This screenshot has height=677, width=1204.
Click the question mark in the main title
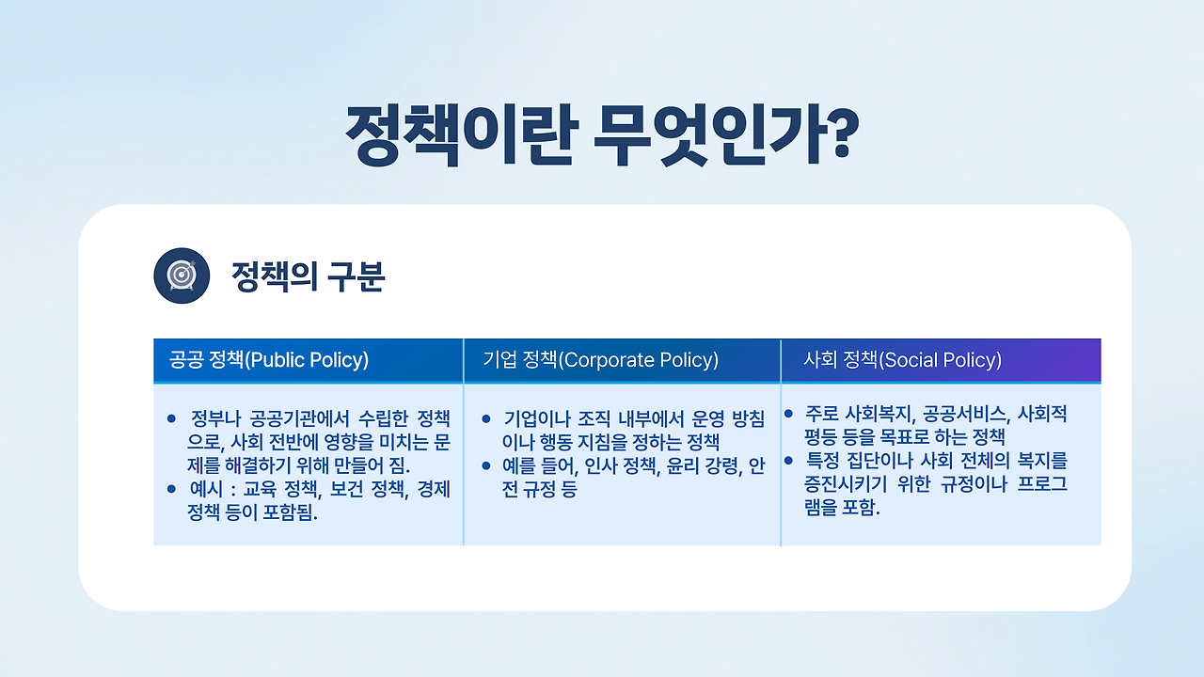837,133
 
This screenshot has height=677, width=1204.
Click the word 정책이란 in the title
462,134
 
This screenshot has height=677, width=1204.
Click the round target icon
182,276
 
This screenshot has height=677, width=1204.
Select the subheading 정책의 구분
308,276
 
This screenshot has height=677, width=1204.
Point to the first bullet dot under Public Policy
171,418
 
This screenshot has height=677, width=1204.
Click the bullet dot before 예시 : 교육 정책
171,489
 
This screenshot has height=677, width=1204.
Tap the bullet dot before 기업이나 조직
486,418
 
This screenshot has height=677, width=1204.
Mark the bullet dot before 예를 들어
486,465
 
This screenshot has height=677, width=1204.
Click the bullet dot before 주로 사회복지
788,413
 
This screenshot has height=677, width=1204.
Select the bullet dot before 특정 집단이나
788,461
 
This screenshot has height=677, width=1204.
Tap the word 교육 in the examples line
260,490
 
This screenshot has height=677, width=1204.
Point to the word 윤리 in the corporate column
683,466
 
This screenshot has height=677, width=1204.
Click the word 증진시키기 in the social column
846,484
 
